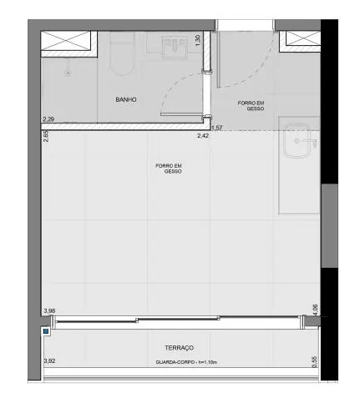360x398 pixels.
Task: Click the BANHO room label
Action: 126,99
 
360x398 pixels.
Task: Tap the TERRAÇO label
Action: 179,348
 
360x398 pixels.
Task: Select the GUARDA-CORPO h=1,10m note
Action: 186,362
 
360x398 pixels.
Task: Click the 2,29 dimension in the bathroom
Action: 48,119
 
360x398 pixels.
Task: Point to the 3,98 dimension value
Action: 49,310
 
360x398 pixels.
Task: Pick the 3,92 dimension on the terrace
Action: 49,360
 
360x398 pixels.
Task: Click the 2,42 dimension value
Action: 203,136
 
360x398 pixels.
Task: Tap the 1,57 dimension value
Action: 217,128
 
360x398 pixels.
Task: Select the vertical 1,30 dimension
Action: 198,40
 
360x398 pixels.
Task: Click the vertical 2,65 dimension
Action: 46,136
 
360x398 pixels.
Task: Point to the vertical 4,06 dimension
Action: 315,310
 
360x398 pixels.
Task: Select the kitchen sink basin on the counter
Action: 297,141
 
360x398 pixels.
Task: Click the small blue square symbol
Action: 46,331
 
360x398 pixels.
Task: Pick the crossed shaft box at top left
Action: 66,41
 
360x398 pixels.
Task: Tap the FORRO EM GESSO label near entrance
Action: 251,106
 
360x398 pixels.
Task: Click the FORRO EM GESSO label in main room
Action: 169,169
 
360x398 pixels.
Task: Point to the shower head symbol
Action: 68,69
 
